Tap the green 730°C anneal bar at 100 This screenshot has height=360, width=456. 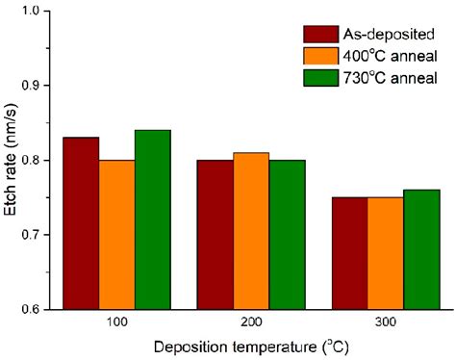click(152, 219)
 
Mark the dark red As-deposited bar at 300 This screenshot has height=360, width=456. click(349, 253)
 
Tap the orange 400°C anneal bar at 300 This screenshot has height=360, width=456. click(385, 253)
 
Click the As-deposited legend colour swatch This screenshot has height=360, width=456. click(318, 34)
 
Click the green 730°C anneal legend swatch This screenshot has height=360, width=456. click(318, 77)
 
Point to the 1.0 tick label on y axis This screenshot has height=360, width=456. click(41, 12)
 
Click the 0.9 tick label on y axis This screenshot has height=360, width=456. click(41, 86)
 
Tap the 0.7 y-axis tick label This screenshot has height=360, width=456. click(41, 235)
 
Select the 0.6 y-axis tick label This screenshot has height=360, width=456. click(41, 309)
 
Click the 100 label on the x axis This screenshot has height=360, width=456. click(116, 322)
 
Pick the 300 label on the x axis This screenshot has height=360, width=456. click(385, 322)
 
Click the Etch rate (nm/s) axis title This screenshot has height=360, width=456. click(13, 160)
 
